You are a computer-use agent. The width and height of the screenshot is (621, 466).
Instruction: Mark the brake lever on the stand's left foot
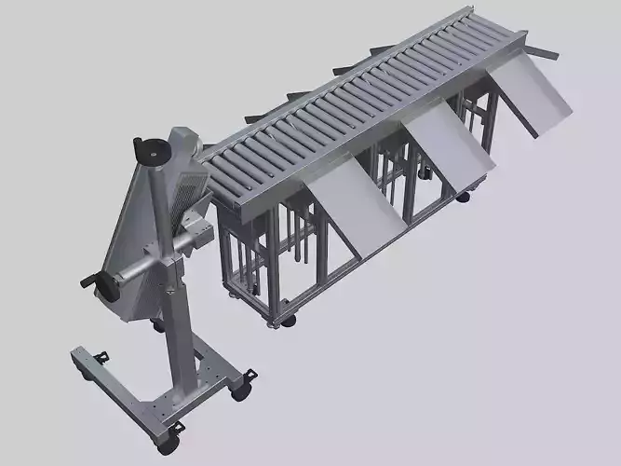click(x=102, y=355)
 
